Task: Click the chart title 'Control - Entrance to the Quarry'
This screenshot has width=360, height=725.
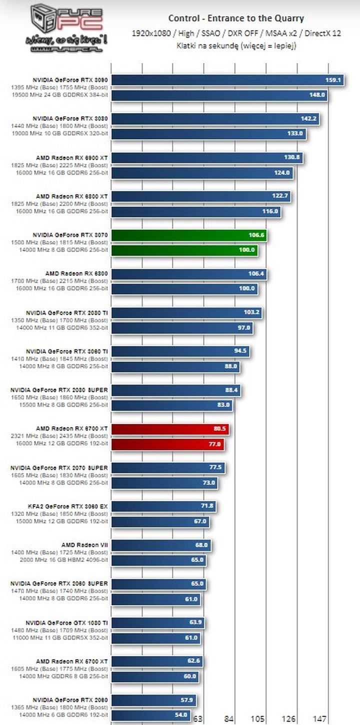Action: tap(236, 18)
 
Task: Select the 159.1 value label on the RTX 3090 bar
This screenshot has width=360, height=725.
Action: tap(333, 80)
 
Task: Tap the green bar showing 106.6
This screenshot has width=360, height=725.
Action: tap(188, 235)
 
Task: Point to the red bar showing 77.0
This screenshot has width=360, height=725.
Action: tap(167, 443)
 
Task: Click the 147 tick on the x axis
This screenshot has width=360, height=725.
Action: tap(319, 718)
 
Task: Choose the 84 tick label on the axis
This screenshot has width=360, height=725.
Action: tap(229, 718)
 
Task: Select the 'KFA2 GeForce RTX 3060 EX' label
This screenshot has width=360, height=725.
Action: tap(74, 506)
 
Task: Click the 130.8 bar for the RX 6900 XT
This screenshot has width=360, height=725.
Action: tap(207, 157)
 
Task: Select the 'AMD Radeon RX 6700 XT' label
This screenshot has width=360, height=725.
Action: tap(71, 428)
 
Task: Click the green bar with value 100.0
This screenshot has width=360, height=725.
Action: tap(184, 250)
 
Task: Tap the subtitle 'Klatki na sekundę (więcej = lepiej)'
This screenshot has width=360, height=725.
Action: tap(236, 45)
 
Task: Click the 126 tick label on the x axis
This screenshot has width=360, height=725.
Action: tap(288, 718)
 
